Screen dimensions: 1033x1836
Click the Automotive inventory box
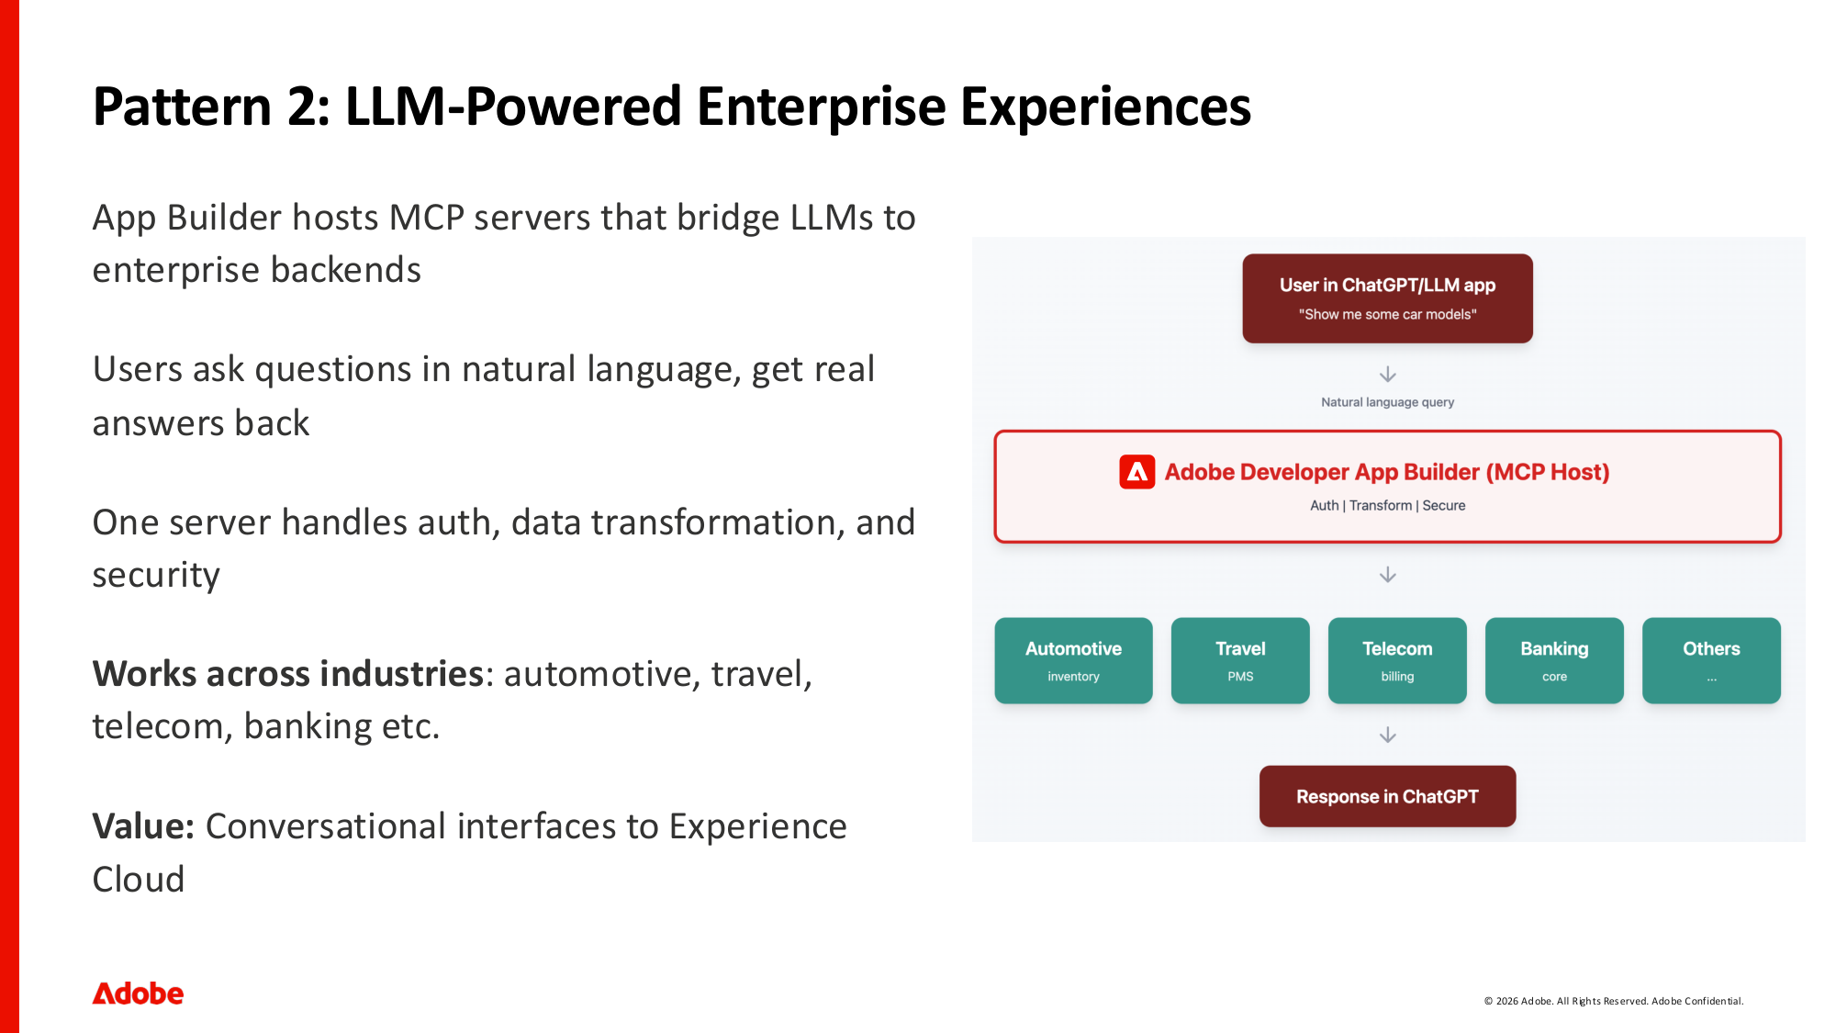click(x=1073, y=660)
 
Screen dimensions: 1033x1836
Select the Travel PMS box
click(x=1240, y=660)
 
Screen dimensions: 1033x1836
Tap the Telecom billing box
click(x=1397, y=660)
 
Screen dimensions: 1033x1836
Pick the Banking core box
click(x=1554, y=660)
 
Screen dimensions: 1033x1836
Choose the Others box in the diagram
click(x=1711, y=660)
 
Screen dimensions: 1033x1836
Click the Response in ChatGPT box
click(x=1387, y=796)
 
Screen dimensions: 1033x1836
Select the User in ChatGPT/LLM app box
click(x=1387, y=298)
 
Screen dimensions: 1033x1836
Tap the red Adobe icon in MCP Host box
click(x=1136, y=472)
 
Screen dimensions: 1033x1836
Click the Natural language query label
click(x=1387, y=402)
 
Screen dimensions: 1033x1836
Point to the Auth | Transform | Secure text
click(x=1387, y=506)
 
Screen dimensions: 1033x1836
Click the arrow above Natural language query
click(x=1388, y=374)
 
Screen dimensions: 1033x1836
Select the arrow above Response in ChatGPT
click(x=1388, y=735)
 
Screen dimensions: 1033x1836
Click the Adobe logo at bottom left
click(x=138, y=994)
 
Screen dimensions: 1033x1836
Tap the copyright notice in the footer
click(x=1613, y=1001)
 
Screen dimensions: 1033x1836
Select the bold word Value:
click(x=143, y=826)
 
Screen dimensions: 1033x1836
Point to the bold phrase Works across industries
click(x=287, y=674)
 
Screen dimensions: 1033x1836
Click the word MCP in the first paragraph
click(x=426, y=219)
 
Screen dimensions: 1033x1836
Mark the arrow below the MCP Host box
click(x=1388, y=575)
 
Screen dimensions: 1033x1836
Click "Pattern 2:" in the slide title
click(x=211, y=107)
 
